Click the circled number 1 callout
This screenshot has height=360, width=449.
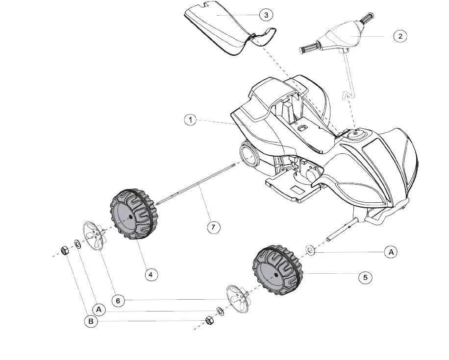191,120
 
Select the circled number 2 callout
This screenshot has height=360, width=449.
400,36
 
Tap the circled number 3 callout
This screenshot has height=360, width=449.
266,15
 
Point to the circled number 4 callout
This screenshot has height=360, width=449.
150,275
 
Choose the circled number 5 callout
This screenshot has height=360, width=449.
365,278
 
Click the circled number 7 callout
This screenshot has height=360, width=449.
213,227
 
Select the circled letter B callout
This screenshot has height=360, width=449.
91,322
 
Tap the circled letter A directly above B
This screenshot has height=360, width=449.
99,310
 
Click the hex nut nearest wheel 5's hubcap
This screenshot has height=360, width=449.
208,320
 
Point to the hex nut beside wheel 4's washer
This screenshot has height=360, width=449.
64,251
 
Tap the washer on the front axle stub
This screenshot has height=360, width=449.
311,250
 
